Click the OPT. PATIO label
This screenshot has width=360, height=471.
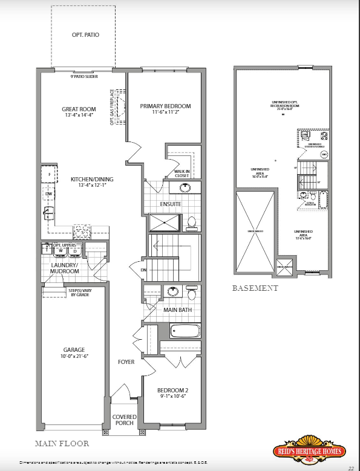[85, 35]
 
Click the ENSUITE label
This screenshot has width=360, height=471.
[171, 204]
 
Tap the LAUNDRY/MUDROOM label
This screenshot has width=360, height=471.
[65, 268]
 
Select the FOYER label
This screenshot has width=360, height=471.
[126, 362]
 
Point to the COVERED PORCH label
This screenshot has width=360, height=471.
[125, 420]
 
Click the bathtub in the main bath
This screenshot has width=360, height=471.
[185, 331]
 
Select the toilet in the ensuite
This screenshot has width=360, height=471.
[192, 223]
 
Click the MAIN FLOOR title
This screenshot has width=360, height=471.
[62, 443]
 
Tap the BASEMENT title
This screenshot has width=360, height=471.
[255, 288]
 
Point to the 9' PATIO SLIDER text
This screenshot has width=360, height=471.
[84, 77]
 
